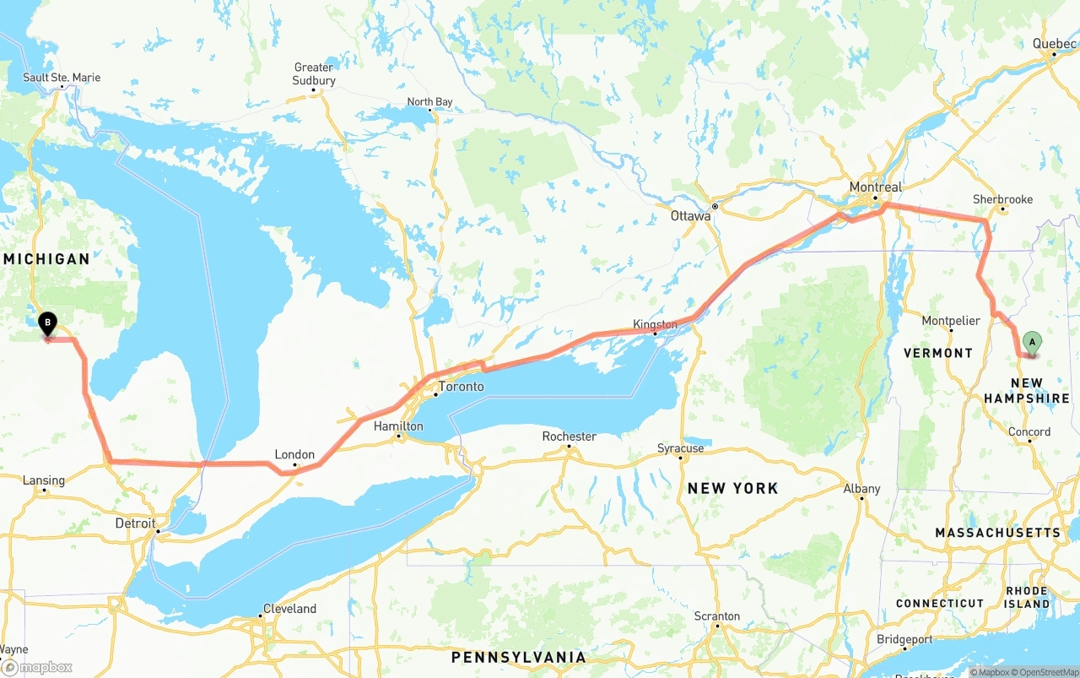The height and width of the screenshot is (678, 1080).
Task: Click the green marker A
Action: [x=1031, y=342]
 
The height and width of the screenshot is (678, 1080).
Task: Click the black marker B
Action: [x=48, y=323]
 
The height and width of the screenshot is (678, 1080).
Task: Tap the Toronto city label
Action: [x=461, y=387]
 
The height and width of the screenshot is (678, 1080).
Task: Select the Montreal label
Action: [x=875, y=187]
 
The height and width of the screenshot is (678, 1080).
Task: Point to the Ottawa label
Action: [x=690, y=216]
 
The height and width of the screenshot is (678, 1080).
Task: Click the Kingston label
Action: [x=655, y=324]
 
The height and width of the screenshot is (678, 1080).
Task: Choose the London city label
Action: [x=294, y=454]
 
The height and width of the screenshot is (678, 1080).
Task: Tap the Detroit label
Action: [x=135, y=523]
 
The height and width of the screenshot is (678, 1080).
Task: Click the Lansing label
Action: [x=43, y=480]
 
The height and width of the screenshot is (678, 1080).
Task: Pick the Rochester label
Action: [x=569, y=437]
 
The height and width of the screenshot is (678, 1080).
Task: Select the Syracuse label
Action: [x=680, y=448]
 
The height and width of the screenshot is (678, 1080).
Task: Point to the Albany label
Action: [x=861, y=489]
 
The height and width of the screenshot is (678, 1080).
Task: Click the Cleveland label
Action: [x=289, y=609]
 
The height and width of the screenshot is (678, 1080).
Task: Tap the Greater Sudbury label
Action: [x=314, y=74]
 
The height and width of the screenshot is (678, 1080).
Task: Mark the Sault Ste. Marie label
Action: [x=62, y=78]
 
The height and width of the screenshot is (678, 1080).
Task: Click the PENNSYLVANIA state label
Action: [x=518, y=657]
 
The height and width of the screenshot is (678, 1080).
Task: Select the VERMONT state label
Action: [x=937, y=353]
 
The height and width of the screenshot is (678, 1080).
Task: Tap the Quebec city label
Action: [x=1054, y=44]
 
